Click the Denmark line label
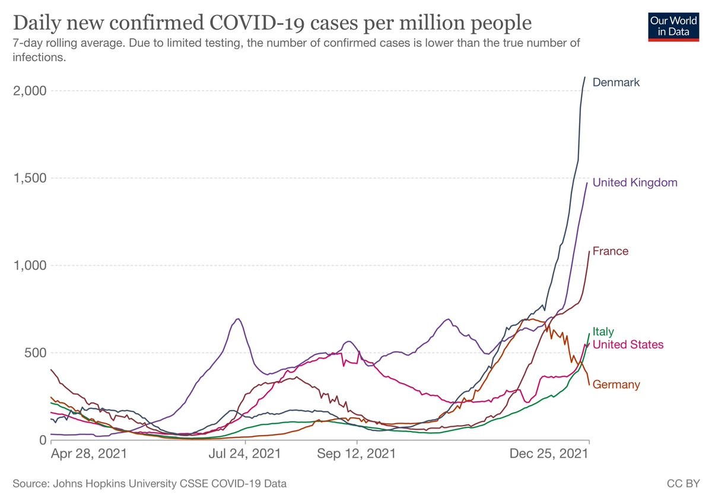616,82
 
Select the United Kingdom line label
635,183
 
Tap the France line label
611,251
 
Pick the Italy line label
603,332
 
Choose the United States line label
628,345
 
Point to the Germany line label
616,385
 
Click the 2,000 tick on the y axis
29,91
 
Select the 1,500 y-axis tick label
29,178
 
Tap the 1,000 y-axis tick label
29,266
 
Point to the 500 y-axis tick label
34,353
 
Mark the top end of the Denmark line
584,77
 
